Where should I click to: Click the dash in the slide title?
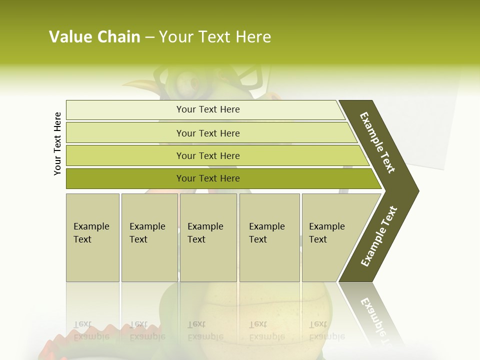(149, 37)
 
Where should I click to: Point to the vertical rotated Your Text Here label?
(57, 143)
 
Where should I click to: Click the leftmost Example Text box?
(92, 237)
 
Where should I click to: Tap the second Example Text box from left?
(149, 237)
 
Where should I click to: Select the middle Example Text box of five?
(208, 237)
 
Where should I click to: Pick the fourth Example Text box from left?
(269, 237)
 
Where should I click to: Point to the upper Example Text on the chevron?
(377, 142)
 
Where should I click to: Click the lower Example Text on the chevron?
(378, 236)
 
